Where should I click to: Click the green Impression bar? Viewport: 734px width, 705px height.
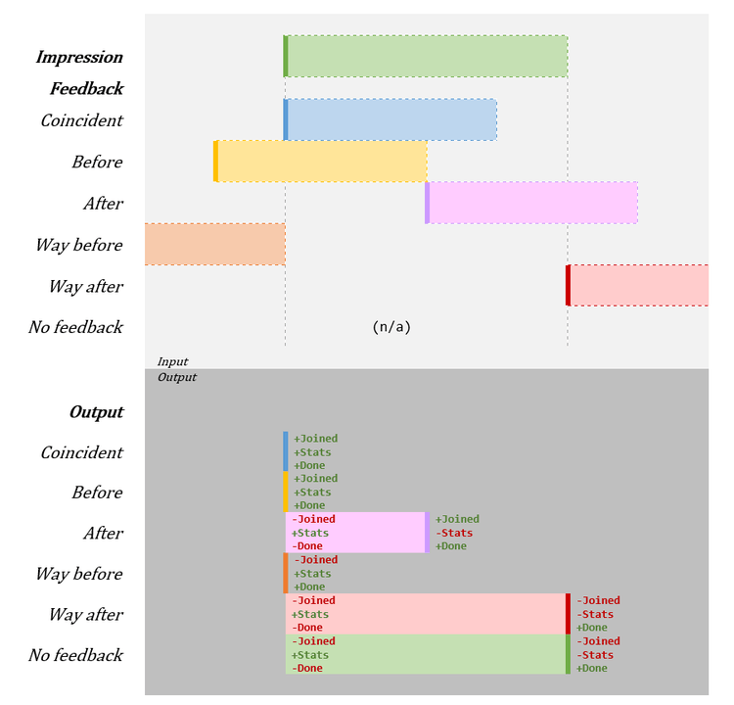click(426, 56)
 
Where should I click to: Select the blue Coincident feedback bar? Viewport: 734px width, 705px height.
click(391, 119)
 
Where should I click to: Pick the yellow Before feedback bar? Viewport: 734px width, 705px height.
click(321, 161)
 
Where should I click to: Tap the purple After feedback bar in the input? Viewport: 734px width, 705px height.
click(532, 203)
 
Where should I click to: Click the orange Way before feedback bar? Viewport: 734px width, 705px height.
click(214, 244)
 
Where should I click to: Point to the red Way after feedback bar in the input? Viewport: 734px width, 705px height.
click(638, 285)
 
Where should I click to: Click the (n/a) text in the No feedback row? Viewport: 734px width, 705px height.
click(391, 327)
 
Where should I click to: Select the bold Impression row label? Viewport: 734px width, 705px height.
click(79, 57)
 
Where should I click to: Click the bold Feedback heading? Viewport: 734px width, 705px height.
click(87, 88)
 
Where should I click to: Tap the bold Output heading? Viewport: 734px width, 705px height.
click(96, 412)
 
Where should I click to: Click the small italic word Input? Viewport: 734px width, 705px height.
click(172, 361)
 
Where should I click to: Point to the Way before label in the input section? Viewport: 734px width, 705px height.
click(79, 245)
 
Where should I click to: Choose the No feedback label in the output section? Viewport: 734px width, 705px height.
click(75, 655)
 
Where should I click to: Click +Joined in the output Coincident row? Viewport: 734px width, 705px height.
click(315, 439)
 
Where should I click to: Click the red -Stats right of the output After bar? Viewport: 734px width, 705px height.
click(454, 533)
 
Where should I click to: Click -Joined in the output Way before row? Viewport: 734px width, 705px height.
click(315, 560)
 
